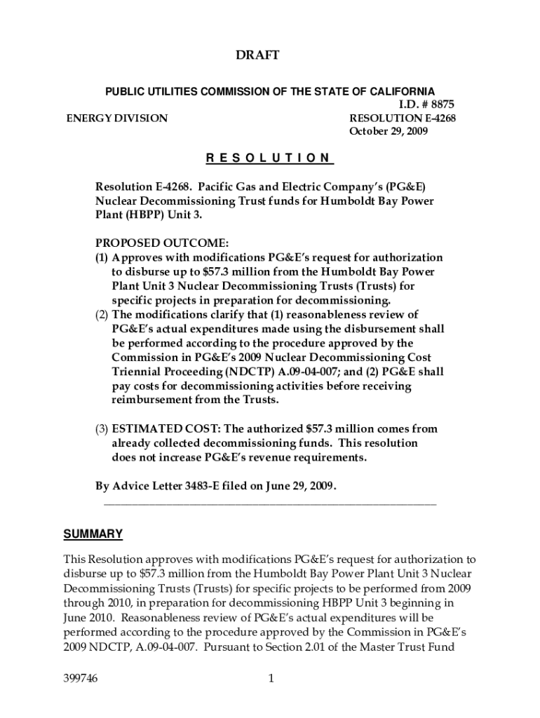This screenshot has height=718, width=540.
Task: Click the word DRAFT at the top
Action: pos(270,55)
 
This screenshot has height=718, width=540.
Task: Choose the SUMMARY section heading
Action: pos(93,534)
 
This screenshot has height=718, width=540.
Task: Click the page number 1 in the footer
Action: pos(270,679)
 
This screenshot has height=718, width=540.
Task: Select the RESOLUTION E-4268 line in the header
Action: pos(402,118)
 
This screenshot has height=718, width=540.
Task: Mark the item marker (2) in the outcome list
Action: pos(102,314)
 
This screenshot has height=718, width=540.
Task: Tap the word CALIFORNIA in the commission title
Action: pos(400,91)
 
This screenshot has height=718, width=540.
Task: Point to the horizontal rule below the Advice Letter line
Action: pos(270,502)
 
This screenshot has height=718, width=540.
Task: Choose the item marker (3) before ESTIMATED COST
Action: pos(102,429)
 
